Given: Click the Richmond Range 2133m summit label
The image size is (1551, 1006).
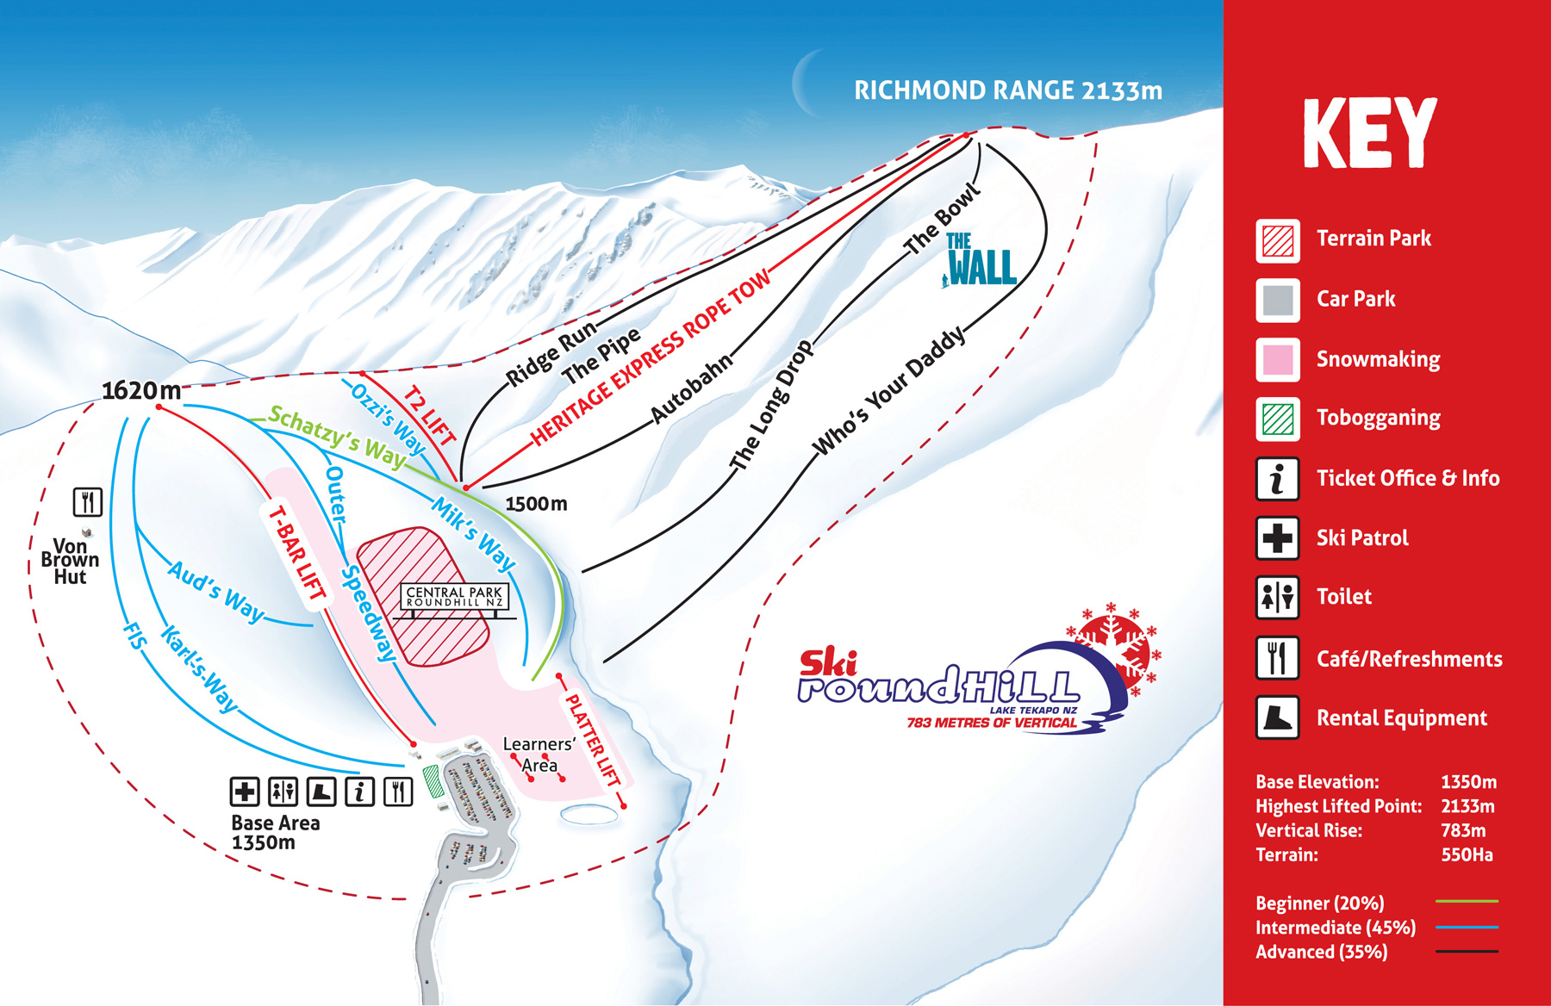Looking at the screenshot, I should pos(1007,90).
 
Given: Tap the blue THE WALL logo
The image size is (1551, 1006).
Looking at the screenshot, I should pos(981,260).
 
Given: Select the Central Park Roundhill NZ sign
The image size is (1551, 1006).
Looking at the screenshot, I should pos(454,596).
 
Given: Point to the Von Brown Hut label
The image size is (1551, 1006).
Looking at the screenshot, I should pos(70,562).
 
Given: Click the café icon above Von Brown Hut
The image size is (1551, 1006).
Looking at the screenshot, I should pos(88,502).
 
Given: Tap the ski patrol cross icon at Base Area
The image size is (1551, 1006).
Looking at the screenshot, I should pos(245,791).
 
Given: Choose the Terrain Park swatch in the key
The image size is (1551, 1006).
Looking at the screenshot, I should pos(1277,240).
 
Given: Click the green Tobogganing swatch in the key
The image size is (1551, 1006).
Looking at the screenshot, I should pos(1277,419).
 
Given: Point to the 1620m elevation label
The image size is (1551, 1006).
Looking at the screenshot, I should pos(141,390).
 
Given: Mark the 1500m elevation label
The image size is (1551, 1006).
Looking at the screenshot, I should pos(536,504).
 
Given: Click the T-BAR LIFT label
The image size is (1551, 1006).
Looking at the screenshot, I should pos(297,553).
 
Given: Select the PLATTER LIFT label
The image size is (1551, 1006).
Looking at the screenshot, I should pos(592,740).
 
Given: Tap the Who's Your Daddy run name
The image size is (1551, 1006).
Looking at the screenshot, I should pos(889,391).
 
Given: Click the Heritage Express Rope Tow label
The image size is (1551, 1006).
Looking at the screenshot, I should pos(651,358).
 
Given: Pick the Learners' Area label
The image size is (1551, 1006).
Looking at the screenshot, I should pos(539,754).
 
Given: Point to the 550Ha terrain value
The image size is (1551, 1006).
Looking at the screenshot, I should pos(1467,855).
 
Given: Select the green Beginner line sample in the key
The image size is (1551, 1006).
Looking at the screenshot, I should pos(1467,901).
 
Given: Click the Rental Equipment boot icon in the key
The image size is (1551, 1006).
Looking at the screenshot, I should pos(1277,717).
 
